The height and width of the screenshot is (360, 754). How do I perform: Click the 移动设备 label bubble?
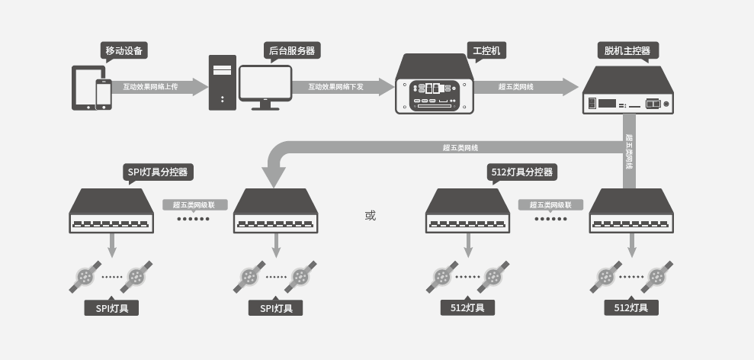[x=124, y=50]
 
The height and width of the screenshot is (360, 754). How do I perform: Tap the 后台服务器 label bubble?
[x=292, y=50]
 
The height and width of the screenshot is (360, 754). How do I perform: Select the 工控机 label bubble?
[x=486, y=50]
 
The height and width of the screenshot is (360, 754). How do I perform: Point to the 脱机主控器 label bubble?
[x=627, y=50]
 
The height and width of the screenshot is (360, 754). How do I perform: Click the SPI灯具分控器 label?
[x=158, y=172]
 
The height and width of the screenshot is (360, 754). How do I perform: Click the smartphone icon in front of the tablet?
[x=104, y=95]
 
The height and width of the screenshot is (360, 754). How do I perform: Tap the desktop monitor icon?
[x=265, y=88]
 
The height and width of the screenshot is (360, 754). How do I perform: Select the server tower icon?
[x=222, y=82]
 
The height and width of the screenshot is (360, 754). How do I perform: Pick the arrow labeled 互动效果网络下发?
[x=343, y=87]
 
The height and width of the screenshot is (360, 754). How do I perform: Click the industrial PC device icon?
[x=435, y=84]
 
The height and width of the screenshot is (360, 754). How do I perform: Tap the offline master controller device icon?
[x=627, y=90]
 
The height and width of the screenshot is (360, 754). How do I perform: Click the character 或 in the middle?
[x=371, y=216]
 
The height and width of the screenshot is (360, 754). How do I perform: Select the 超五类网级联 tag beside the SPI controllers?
[x=194, y=205]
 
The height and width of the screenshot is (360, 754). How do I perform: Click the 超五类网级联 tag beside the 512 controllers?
[x=550, y=205]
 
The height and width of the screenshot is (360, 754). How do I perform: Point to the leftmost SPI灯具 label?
[x=111, y=308]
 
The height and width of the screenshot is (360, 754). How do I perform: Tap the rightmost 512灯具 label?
[x=631, y=308]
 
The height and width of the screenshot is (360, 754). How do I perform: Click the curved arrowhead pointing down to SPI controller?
[x=274, y=177]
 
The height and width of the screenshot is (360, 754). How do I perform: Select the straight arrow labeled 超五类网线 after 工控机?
[x=526, y=87]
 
